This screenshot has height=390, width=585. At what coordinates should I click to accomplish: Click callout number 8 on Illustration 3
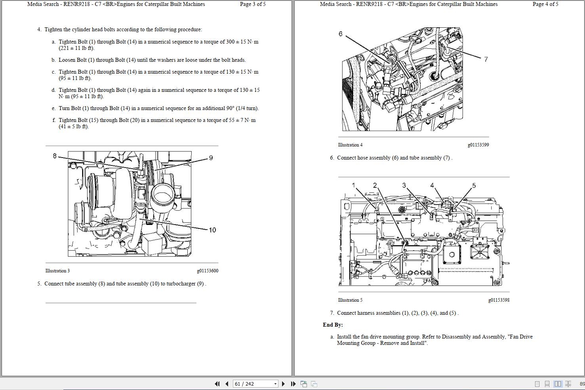pyautogui.click(x=55, y=156)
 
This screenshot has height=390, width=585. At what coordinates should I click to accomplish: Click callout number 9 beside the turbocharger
pyautogui.click(x=211, y=158)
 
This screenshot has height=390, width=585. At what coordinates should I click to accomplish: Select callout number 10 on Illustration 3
pyautogui.click(x=212, y=230)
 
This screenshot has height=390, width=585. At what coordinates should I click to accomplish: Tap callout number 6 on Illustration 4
pyautogui.click(x=340, y=34)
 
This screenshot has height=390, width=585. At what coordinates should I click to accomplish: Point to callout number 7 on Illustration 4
pyautogui.click(x=486, y=59)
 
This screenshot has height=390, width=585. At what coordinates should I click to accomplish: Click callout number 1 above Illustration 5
pyautogui.click(x=354, y=185)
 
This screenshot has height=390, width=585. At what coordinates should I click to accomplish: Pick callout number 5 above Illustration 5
pyautogui.click(x=474, y=185)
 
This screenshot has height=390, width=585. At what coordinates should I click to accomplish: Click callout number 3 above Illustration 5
pyautogui.click(x=404, y=185)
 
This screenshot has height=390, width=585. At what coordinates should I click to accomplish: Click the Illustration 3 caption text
pyautogui.click(x=57, y=271)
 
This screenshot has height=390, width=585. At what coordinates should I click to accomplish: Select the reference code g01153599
pyautogui.click(x=478, y=145)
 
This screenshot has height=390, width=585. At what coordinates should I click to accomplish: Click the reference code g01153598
pyautogui.click(x=499, y=300)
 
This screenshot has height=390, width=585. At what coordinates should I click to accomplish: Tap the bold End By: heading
pyautogui.click(x=333, y=325)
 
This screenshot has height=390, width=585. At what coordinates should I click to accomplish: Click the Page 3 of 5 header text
pyautogui.click(x=253, y=4)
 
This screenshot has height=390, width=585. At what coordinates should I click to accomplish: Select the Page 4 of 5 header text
pyautogui.click(x=545, y=4)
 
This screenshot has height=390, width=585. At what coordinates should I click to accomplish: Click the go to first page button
pyautogui.click(x=217, y=384)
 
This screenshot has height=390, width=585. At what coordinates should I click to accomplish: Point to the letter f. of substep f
pyautogui.click(x=54, y=120)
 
